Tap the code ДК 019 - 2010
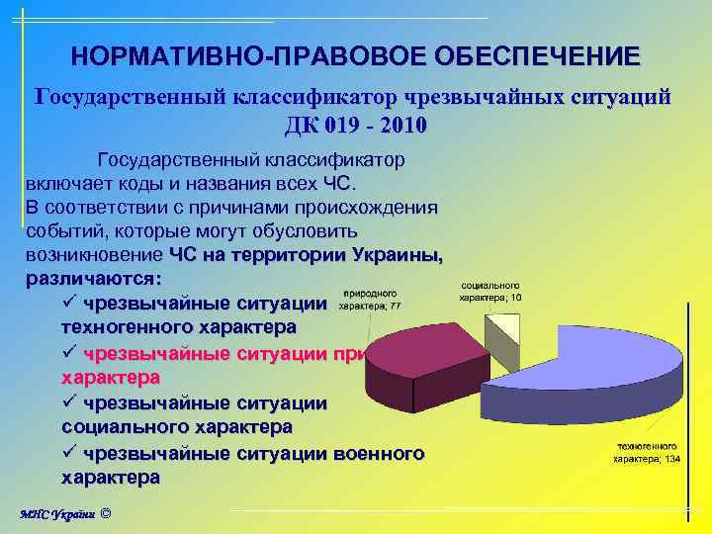click(356, 127)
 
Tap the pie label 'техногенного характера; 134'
click(647, 453)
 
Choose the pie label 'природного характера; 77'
click(370, 300)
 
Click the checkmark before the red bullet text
click(70, 353)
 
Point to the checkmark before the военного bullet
click(70, 454)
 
